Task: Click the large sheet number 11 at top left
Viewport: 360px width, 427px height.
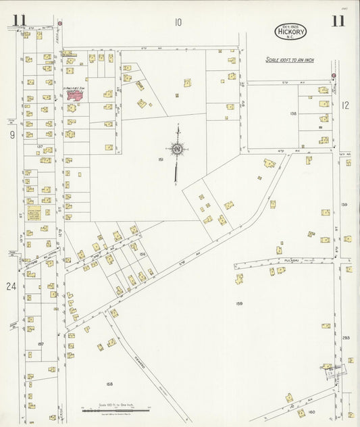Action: coord(20,20)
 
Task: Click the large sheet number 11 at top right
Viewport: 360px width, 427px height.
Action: coord(338,20)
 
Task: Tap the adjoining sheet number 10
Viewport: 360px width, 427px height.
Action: coord(177,22)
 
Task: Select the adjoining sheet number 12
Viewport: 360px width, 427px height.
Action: coord(345,105)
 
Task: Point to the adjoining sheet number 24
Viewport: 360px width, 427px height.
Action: coord(11,286)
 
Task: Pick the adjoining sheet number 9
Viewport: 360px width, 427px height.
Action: coord(12,135)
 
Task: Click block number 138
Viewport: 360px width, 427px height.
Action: coord(293,114)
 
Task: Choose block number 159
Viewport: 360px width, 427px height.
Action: coord(239,303)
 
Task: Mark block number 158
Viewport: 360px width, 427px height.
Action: coord(109,384)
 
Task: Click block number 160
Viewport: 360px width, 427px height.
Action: coord(311,411)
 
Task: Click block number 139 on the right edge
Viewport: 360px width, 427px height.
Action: coord(344,204)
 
